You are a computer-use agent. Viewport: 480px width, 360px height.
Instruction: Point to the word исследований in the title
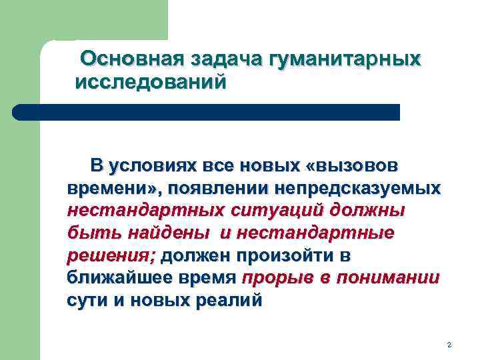click(x=151, y=83)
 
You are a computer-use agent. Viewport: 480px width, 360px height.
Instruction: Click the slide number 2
click(x=449, y=345)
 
